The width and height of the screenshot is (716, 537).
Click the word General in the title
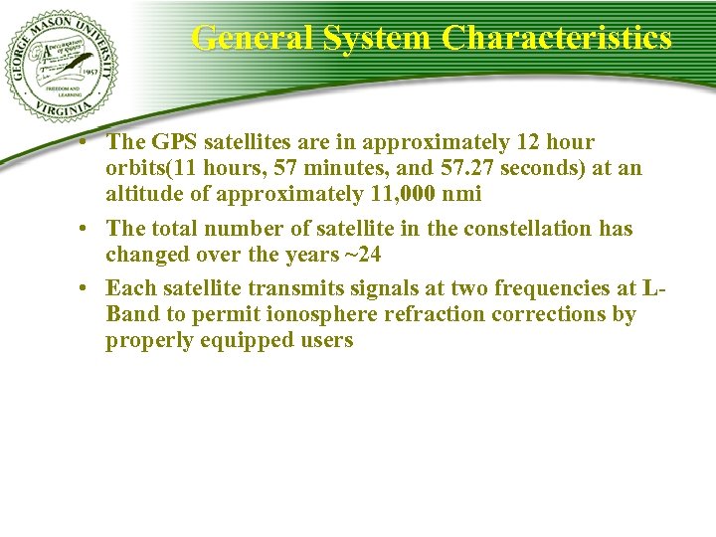tap(250, 39)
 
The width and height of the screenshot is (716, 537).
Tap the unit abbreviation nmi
tap(461, 194)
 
